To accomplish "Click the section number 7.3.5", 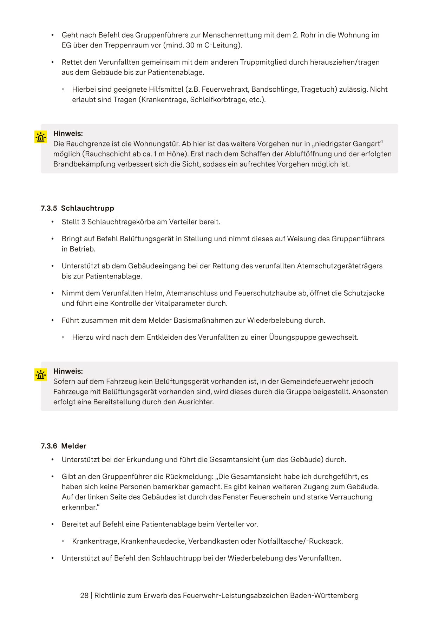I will click(48, 208).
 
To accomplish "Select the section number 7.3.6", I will click(48, 446).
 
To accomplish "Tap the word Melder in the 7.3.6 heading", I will click(74, 446).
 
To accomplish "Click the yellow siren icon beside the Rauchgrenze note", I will click(41, 137).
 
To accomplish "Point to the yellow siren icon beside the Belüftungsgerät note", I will click(41, 375).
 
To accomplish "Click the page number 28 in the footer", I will click(84, 596).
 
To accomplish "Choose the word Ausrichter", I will click(195, 402).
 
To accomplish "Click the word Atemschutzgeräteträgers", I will click(340, 266).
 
